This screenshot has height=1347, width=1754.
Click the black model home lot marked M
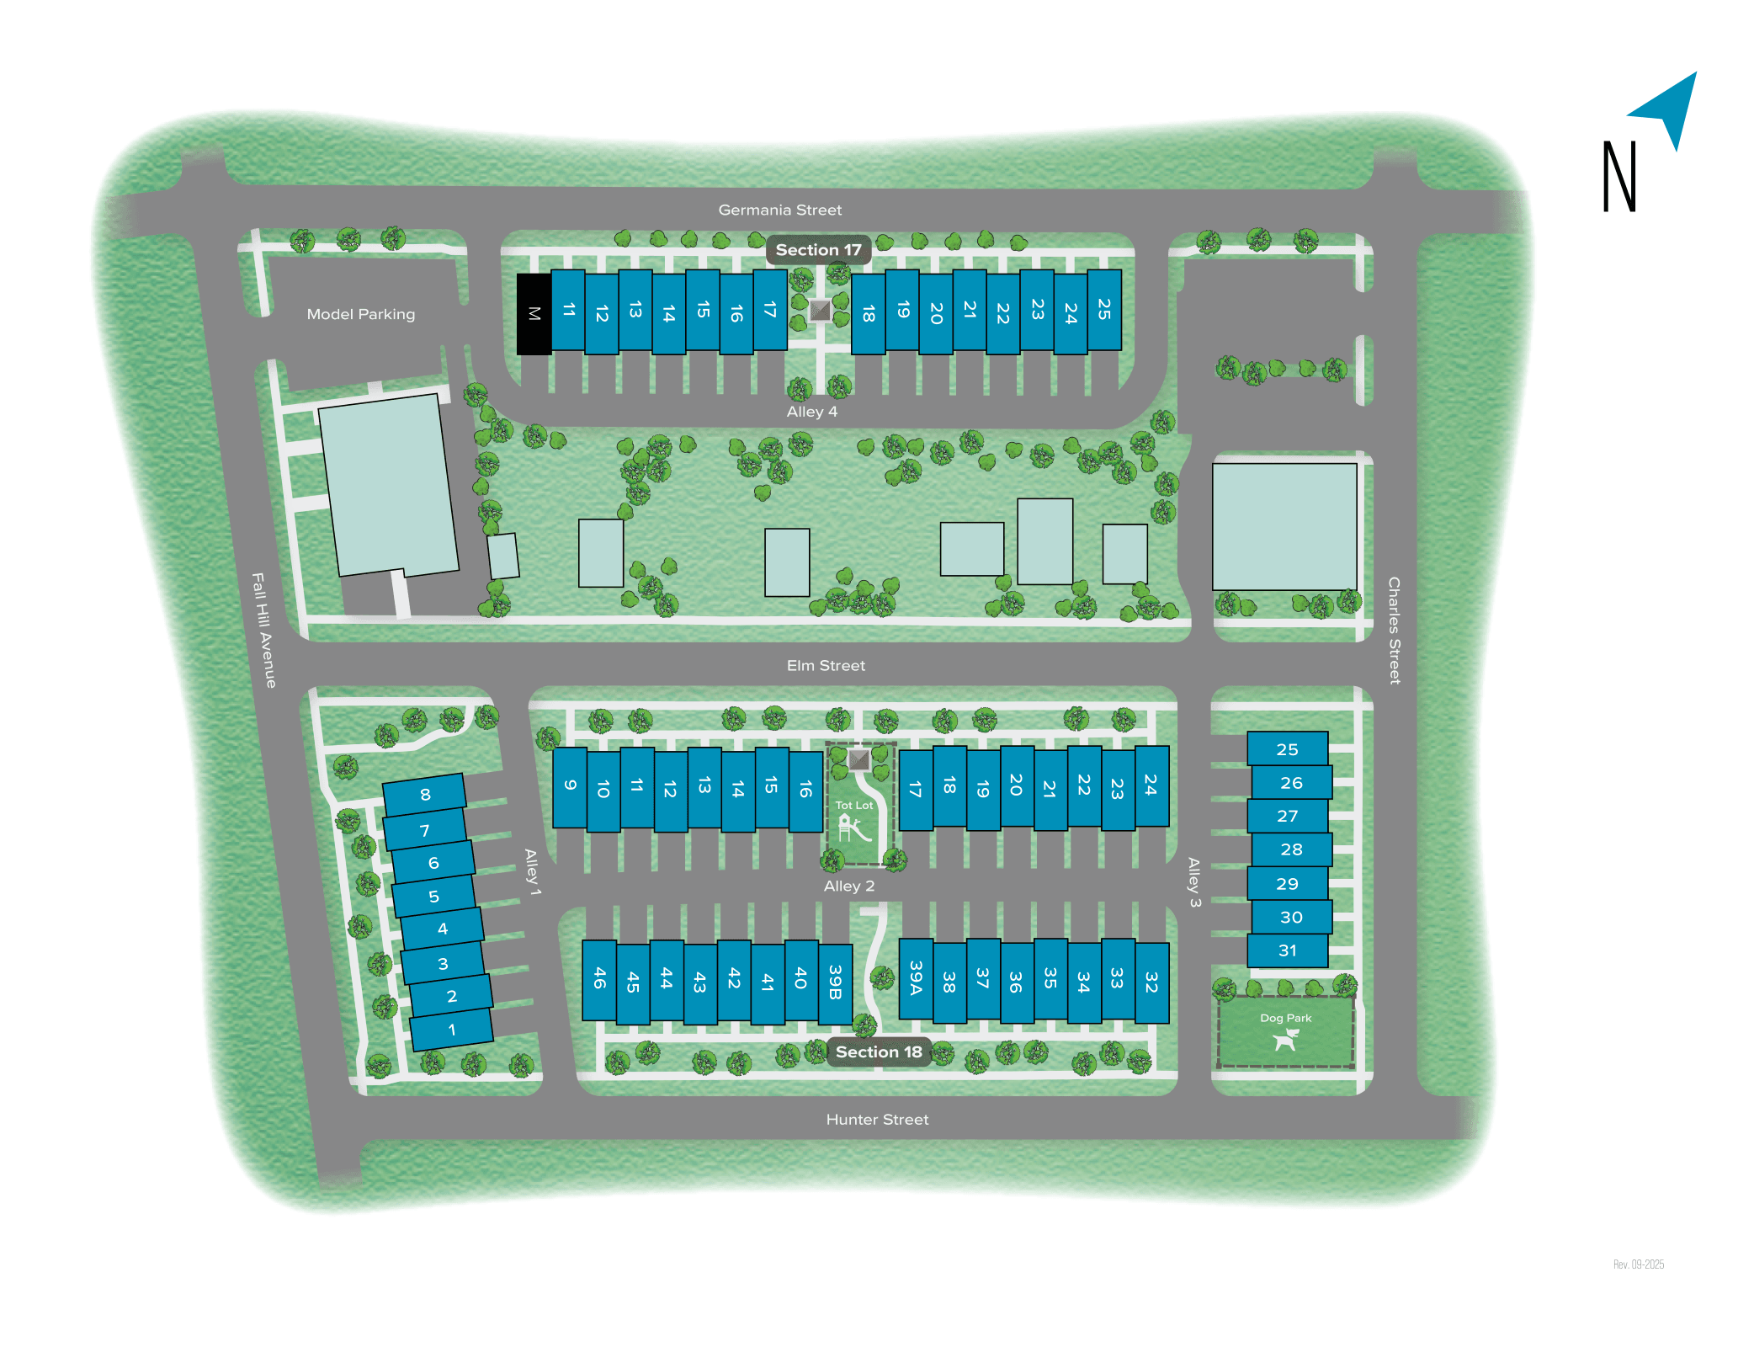click(x=534, y=314)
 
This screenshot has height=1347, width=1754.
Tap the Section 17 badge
click(x=818, y=250)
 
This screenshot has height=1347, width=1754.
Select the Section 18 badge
click(x=879, y=1052)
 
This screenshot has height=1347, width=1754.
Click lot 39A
click(x=916, y=979)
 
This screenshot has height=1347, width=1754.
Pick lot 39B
click(x=835, y=982)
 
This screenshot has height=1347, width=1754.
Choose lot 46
click(x=599, y=979)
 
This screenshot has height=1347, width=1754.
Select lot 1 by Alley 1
click(x=452, y=1030)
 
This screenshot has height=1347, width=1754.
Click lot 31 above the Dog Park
click(x=1288, y=950)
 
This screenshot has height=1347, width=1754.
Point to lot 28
click(x=1291, y=849)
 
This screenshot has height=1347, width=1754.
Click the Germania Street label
click(x=779, y=210)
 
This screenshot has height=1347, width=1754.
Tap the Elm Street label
click(x=826, y=666)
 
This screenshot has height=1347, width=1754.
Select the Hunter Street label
click(x=877, y=1120)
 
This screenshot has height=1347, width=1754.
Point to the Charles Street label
click(x=1394, y=630)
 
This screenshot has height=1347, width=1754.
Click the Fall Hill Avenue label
click(x=264, y=630)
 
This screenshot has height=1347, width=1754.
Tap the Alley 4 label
click(x=811, y=412)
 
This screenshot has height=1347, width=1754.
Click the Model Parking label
click(x=360, y=314)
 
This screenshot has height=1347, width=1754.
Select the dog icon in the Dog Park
click(x=1286, y=1041)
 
